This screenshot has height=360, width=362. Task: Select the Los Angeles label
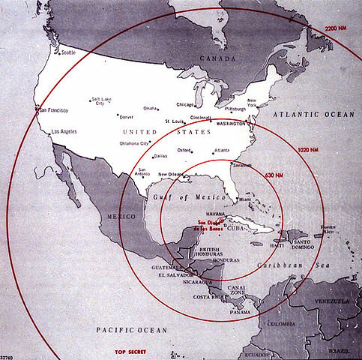[62, 132]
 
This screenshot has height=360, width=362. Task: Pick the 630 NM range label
[274, 175]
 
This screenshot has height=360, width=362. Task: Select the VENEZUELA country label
[332, 301]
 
